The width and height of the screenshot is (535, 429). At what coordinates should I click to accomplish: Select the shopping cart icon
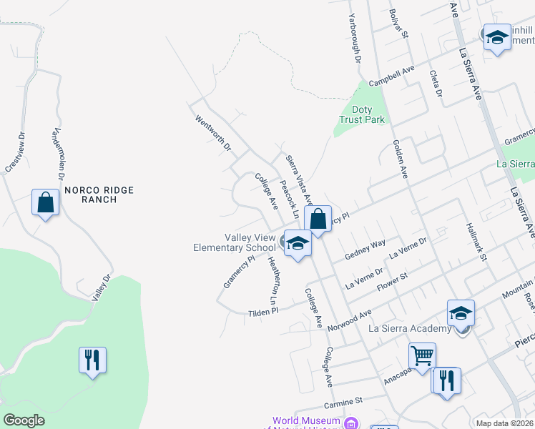(422, 355)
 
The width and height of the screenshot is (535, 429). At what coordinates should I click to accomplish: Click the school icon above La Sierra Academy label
(461, 312)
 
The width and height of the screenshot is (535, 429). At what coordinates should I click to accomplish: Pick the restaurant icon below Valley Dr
(93, 360)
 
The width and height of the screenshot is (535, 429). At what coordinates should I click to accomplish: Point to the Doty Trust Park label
(362, 114)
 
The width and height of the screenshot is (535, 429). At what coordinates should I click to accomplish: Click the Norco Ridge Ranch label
(90, 194)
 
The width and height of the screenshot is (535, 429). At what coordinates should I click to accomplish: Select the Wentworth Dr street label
(213, 134)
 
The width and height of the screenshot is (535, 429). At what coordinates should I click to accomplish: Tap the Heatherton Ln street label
(273, 284)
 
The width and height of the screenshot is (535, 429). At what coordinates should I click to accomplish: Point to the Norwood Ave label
(350, 319)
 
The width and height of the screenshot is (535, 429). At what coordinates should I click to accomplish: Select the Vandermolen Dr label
(59, 154)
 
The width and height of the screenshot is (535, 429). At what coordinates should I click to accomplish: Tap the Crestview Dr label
(15, 152)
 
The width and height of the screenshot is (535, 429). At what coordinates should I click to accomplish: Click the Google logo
(24, 420)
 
